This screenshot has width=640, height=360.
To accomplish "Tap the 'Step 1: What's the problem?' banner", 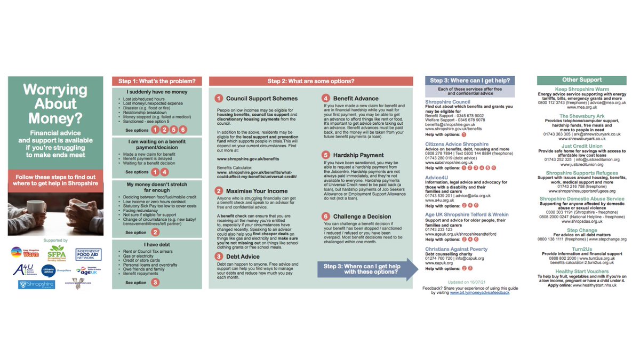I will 157,82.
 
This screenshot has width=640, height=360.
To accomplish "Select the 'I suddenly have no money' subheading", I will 157,92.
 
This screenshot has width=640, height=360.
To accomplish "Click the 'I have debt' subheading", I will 157,243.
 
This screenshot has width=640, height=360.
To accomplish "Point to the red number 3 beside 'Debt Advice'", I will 219,257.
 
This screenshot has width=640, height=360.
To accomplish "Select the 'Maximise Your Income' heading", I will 255,190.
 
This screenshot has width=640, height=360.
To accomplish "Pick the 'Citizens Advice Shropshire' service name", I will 457,144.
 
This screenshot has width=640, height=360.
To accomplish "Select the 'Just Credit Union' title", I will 582,146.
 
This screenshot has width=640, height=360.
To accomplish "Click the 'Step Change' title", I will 582,230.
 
